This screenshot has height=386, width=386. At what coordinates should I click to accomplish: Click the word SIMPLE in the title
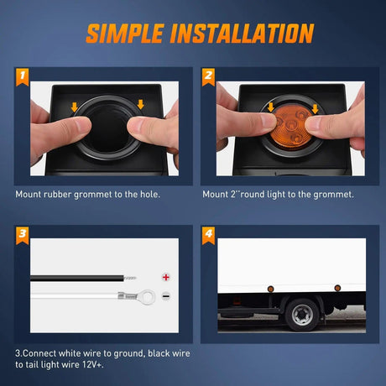pyautogui.click(x=125, y=34)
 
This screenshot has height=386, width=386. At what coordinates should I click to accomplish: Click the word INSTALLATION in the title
pyautogui.click(x=243, y=34)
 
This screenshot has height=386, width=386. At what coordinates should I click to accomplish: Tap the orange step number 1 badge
pyautogui.click(x=23, y=77)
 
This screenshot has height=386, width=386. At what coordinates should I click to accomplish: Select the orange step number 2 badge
pyautogui.click(x=208, y=77)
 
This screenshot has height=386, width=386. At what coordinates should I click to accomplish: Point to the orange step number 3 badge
pyautogui.click(x=23, y=236)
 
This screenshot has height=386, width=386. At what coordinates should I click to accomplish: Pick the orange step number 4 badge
pyautogui.click(x=208, y=236)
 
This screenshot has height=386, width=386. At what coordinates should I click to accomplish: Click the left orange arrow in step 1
pyautogui.click(x=75, y=107)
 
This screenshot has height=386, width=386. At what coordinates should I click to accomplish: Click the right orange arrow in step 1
pyautogui.click(x=141, y=105)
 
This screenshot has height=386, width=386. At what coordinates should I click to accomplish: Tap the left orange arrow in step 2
pyautogui.click(x=271, y=107)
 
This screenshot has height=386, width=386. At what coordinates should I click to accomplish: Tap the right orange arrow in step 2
pyautogui.click(x=316, y=109)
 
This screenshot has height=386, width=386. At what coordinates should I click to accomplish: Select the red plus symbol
pyautogui.click(x=166, y=277)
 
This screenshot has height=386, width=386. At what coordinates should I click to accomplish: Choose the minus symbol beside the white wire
pyautogui.click(x=166, y=296)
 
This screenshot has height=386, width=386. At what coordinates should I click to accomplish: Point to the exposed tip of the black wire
pyautogui.click(x=130, y=278)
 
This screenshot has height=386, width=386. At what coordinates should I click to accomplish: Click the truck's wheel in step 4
pyautogui.click(x=302, y=315)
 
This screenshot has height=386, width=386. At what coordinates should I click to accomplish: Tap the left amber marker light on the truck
pyautogui.click(x=270, y=289)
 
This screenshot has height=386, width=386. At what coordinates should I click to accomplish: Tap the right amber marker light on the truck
pyautogui.click(x=337, y=288)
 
